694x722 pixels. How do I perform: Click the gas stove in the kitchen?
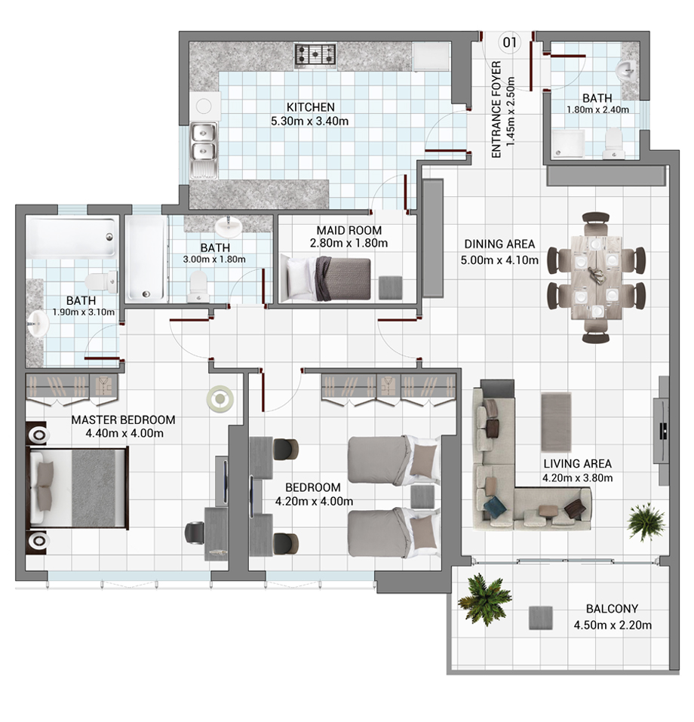[315, 54]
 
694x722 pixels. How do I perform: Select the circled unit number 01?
[509, 42]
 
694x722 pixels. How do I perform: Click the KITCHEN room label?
[310, 107]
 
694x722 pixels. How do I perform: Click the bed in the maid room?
[327, 279]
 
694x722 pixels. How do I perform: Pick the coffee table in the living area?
[556, 422]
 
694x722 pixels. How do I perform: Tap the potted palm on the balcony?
[485, 599]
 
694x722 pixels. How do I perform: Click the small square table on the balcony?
[541, 618]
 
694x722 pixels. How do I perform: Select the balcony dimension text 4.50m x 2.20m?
[613, 625]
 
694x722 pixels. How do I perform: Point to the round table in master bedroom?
[220, 398]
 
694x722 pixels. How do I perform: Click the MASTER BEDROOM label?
[124, 420]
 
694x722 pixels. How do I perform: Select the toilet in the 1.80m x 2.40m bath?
[614, 143]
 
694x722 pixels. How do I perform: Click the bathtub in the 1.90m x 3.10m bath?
[72, 237]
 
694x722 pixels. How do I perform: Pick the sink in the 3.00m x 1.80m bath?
[228, 226]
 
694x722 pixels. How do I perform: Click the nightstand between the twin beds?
[422, 497]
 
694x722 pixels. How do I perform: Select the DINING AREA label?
[499, 244]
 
